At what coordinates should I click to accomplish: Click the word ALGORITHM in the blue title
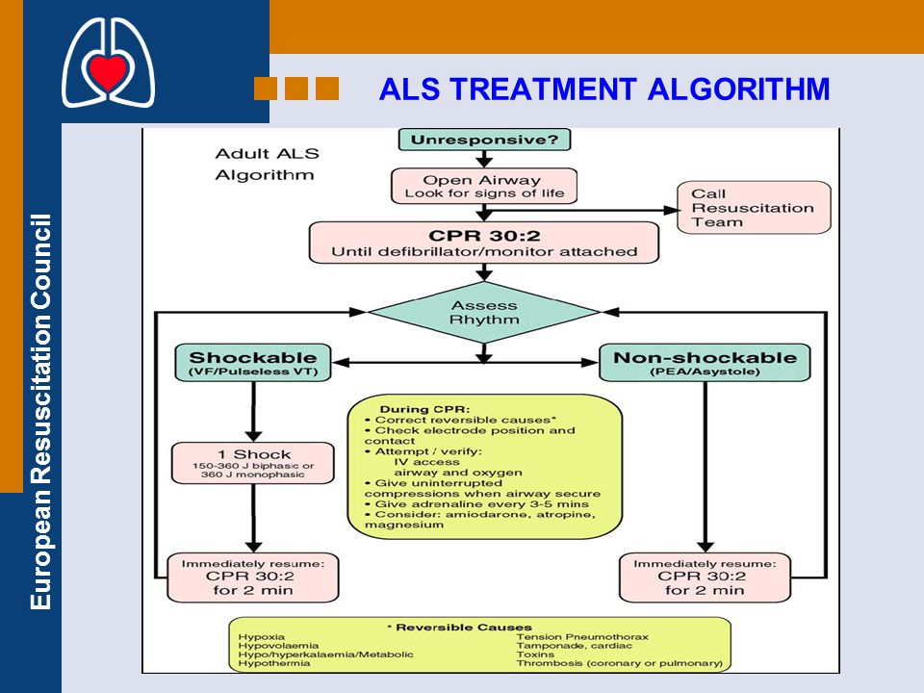(738, 90)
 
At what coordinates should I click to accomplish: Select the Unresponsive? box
(484, 140)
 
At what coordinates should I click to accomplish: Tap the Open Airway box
(484, 186)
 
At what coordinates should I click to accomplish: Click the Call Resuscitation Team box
(754, 208)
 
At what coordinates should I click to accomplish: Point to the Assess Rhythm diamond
(484, 312)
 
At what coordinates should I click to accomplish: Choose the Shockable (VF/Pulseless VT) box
(253, 363)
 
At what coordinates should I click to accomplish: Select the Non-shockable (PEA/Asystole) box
(705, 363)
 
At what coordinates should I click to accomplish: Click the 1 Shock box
(253, 463)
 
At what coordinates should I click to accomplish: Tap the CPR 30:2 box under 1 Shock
(253, 577)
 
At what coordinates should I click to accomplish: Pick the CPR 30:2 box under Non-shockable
(705, 577)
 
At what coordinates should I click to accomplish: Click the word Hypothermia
(274, 663)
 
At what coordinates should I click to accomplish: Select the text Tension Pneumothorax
(582, 637)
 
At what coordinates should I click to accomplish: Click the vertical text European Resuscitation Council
(41, 411)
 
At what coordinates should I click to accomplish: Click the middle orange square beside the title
(296, 89)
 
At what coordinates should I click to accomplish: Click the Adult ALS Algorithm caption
(267, 165)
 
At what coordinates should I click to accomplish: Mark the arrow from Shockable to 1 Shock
(253, 412)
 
